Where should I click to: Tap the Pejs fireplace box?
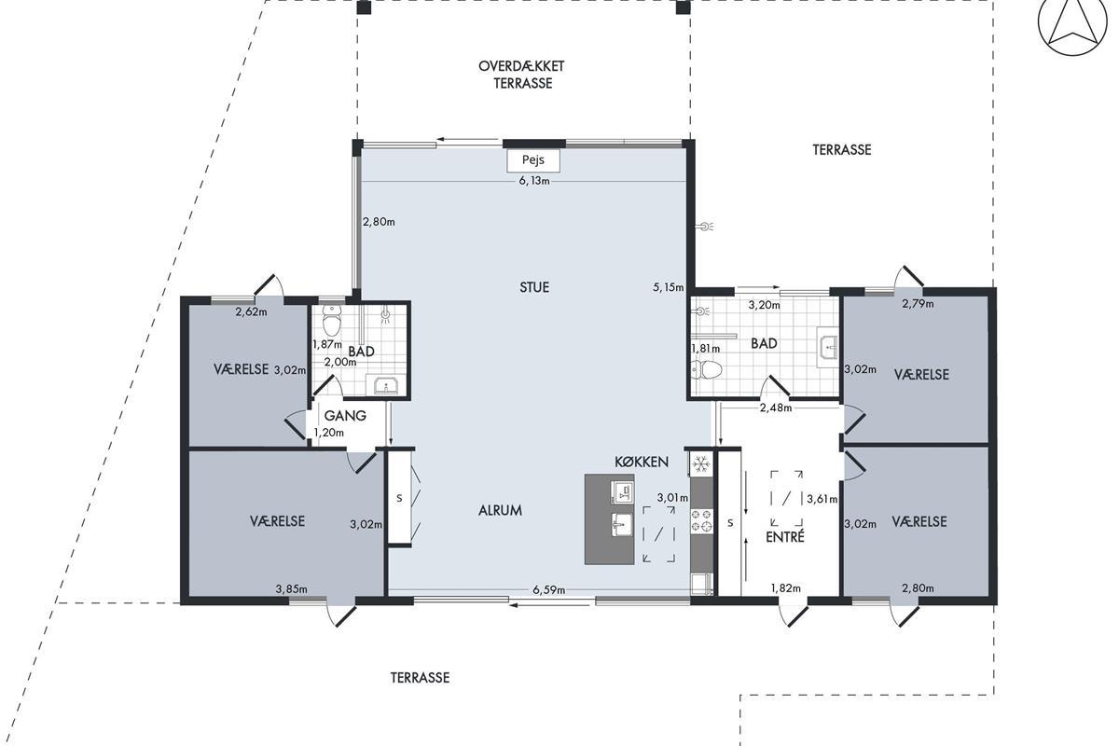pyautogui.click(x=533, y=160)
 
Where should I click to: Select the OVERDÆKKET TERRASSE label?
pyautogui.click(x=522, y=75)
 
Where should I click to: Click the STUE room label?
pyautogui.click(x=534, y=287)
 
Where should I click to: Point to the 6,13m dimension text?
pyautogui.click(x=534, y=181)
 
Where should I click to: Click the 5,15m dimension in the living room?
pyautogui.click(x=669, y=287)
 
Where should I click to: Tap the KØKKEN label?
pyautogui.click(x=642, y=462)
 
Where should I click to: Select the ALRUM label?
pyautogui.click(x=500, y=510)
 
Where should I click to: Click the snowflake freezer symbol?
pyautogui.click(x=701, y=464)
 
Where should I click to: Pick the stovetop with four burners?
pyautogui.click(x=701, y=520)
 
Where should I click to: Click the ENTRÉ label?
pyautogui.click(x=785, y=536)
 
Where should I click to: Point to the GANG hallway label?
pyautogui.click(x=345, y=415)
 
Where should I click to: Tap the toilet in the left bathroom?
pyautogui.click(x=332, y=320)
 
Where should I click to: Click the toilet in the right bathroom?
pyautogui.click(x=708, y=370)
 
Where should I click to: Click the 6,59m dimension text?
pyautogui.click(x=549, y=590)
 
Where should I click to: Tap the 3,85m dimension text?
pyautogui.click(x=291, y=589)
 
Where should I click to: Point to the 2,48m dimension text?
pyautogui.click(x=776, y=408)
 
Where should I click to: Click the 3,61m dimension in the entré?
pyautogui.click(x=822, y=499)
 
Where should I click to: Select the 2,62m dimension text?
pyautogui.click(x=251, y=312)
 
